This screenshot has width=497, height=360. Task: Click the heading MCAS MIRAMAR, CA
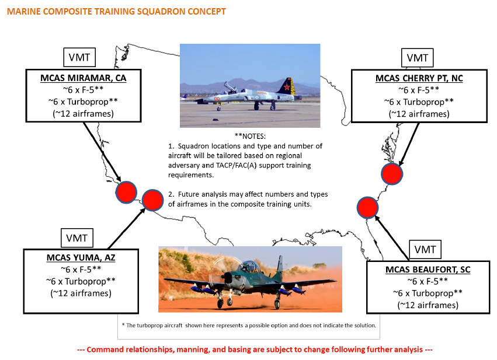click(84, 78)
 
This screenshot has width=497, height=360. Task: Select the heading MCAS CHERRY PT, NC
click(419, 78)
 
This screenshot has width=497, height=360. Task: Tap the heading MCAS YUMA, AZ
click(81, 258)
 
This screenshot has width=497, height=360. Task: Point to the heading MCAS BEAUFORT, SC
click(428, 270)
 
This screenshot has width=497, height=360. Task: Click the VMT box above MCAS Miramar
click(79, 57)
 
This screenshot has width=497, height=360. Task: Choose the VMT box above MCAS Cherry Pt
click(418, 58)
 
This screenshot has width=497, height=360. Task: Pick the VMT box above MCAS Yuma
click(77, 238)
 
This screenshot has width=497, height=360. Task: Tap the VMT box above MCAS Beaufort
click(425, 250)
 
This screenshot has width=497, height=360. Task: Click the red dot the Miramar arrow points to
click(126, 192)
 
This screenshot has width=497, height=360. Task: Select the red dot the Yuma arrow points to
click(153, 200)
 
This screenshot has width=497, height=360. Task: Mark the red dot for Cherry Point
click(392, 174)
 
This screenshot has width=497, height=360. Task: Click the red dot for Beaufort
click(368, 208)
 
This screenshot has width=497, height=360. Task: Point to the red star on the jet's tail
click(287, 86)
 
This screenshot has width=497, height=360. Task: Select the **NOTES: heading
click(250, 136)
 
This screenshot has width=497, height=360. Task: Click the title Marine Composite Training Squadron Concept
click(116, 12)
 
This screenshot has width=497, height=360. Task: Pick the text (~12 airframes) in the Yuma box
click(81, 293)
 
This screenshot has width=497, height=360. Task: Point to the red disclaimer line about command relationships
click(255, 349)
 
